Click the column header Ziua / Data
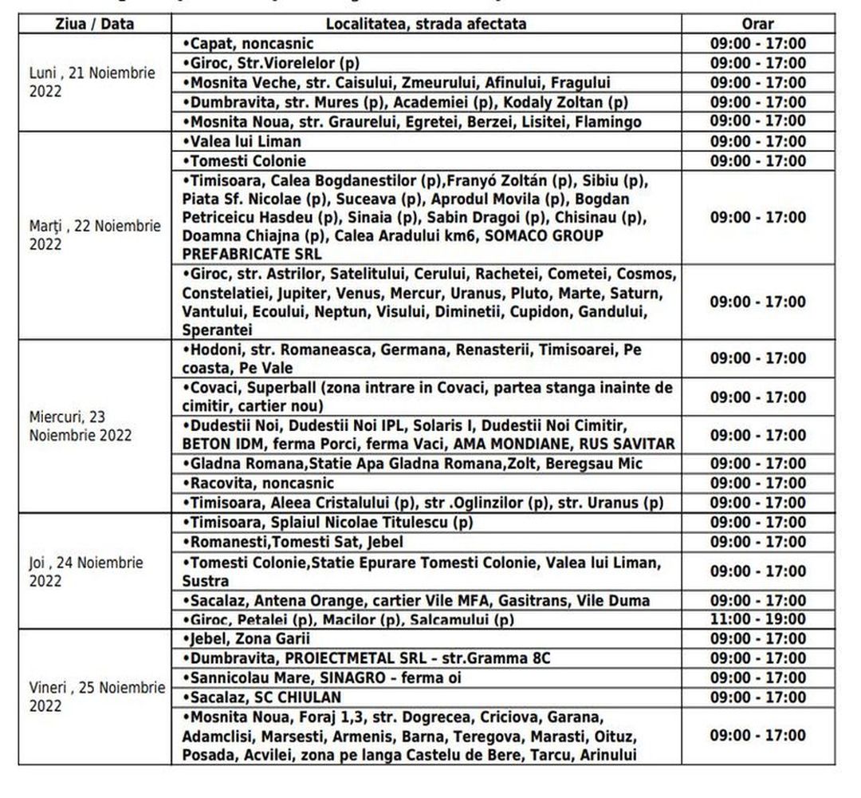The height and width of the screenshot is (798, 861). coord(94,24)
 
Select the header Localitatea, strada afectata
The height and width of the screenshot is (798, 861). coord(426,24)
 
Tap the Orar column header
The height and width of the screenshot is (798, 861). coord(757,24)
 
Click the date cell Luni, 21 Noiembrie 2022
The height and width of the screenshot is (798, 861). coord(92,82)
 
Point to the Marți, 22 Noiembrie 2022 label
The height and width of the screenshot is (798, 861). coord(95,235)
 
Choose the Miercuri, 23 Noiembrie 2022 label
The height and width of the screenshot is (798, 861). coord(81,426)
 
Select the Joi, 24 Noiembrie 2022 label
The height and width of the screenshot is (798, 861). coord(86,571)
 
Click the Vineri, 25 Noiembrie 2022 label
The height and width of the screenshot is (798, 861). coord(96,697)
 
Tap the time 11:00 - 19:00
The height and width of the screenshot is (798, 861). coord(758,618)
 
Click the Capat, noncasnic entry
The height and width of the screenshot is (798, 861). coord(249,44)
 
